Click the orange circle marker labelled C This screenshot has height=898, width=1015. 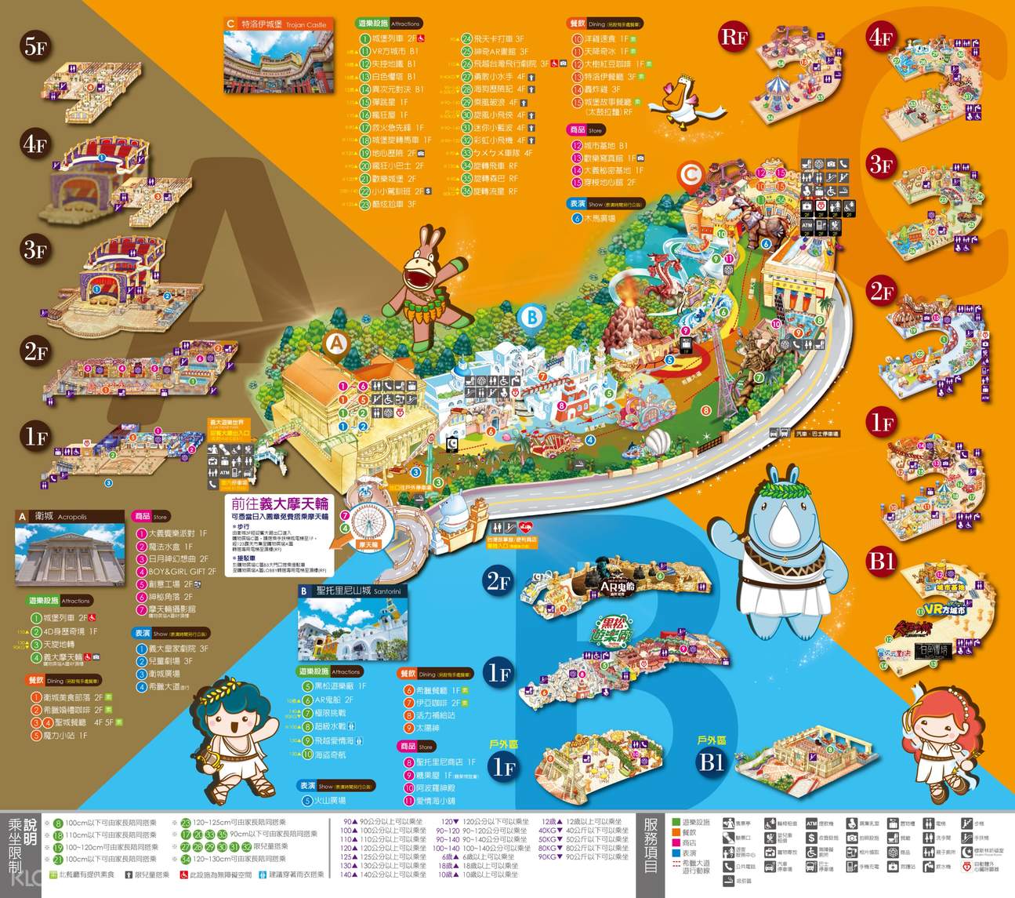691,175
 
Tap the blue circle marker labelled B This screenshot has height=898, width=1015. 531,317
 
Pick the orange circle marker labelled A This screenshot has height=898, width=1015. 336,344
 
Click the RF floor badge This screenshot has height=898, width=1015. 734,36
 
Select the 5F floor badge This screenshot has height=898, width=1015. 35,46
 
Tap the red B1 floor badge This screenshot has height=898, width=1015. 882,561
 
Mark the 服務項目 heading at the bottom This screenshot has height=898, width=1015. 651,845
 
